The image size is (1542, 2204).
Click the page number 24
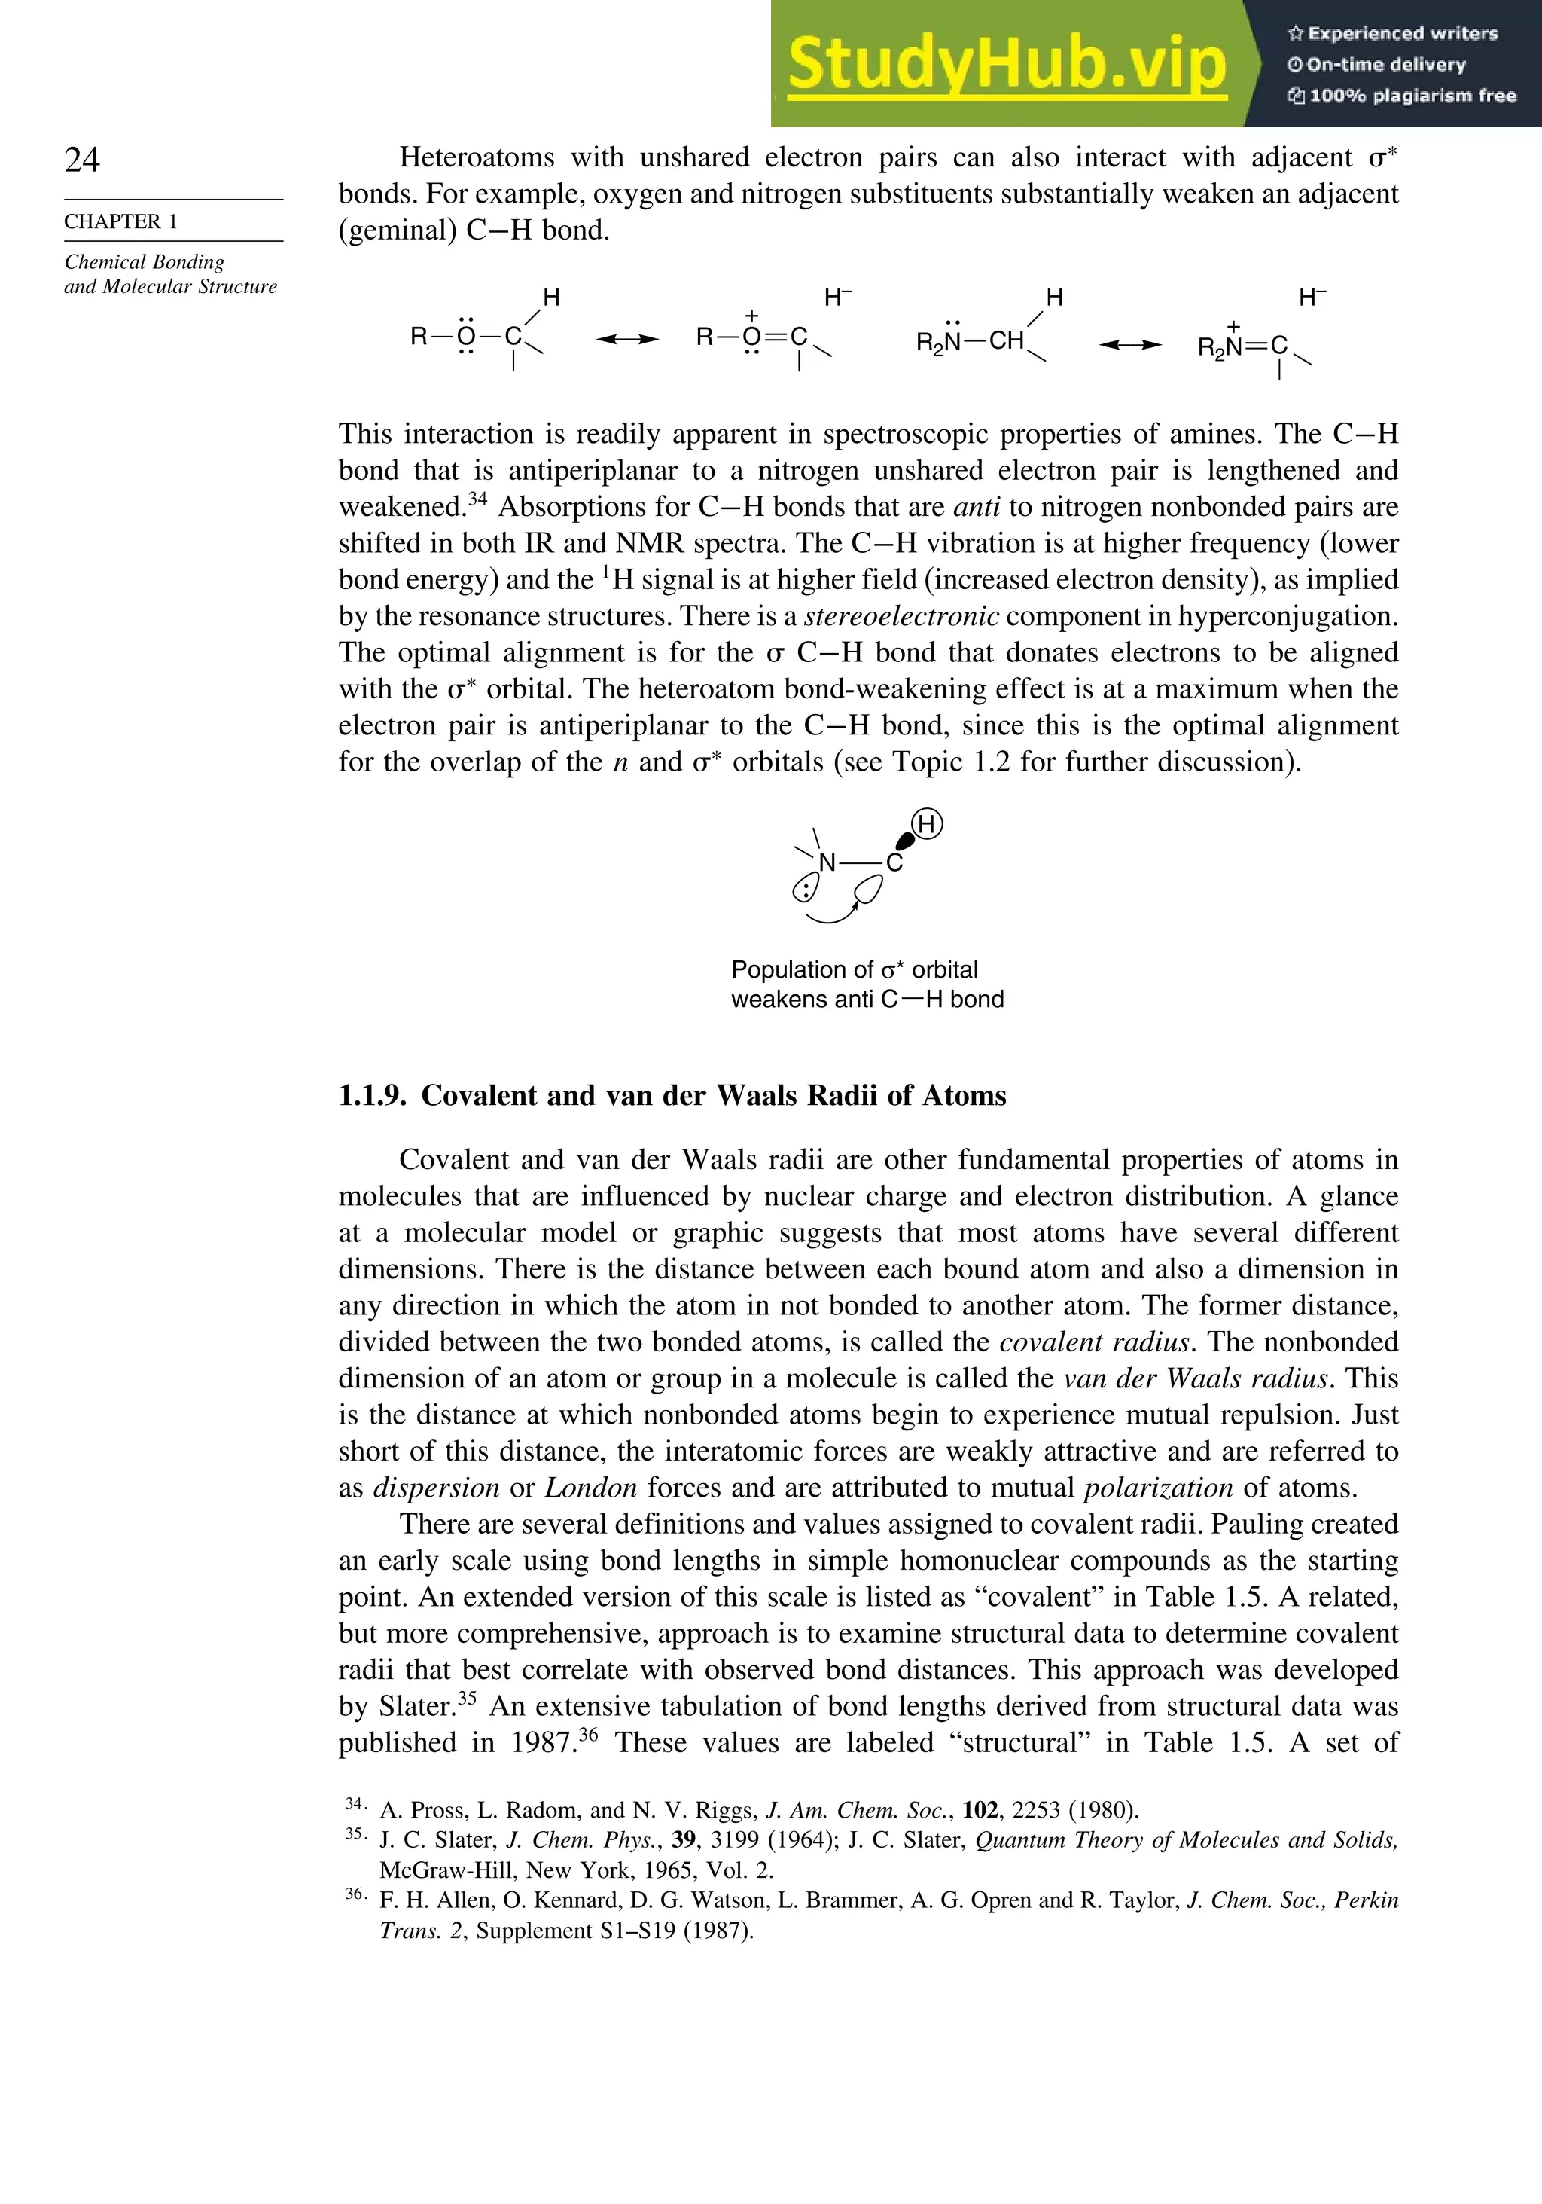click(83, 160)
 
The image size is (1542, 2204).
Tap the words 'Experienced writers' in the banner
click(1402, 34)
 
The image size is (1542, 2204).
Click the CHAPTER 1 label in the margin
click(121, 221)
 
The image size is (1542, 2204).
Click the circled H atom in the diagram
click(927, 823)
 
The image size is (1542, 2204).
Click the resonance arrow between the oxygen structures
click(626, 339)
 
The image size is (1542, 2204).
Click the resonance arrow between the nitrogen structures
click(1129, 345)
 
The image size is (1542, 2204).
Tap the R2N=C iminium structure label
click(1242, 346)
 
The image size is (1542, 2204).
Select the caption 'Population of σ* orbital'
click(854, 969)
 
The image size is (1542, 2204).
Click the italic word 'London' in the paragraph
click(590, 1488)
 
